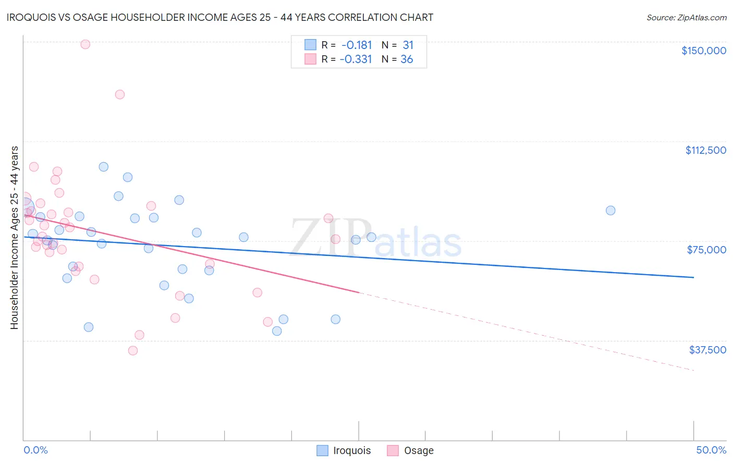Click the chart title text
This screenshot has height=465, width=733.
pos(219,17)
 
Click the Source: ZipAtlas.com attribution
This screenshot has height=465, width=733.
pos(686,18)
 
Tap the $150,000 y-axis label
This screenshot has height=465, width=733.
pos(703,51)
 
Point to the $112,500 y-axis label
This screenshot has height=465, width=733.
pos(705,150)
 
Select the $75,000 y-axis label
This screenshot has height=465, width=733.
pos(706,250)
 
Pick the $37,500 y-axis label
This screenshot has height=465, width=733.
pos(707,350)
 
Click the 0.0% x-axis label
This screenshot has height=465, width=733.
pos(36,450)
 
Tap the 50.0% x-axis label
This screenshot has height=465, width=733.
pos(711,450)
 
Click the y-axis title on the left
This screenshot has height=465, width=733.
pos(14,238)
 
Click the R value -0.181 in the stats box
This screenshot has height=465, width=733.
pos(357,45)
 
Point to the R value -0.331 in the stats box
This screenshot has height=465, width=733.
pos(356,59)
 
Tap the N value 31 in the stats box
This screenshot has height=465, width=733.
pos(408,45)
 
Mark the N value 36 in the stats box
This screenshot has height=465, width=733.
pos(407,59)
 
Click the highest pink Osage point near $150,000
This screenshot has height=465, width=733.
pos(85,44)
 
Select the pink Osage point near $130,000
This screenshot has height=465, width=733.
pos(120,94)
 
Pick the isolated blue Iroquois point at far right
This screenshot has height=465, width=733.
pos(610,211)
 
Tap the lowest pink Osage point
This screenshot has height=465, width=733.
pos(133,351)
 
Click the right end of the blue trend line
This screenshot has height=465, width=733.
pos(693,277)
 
